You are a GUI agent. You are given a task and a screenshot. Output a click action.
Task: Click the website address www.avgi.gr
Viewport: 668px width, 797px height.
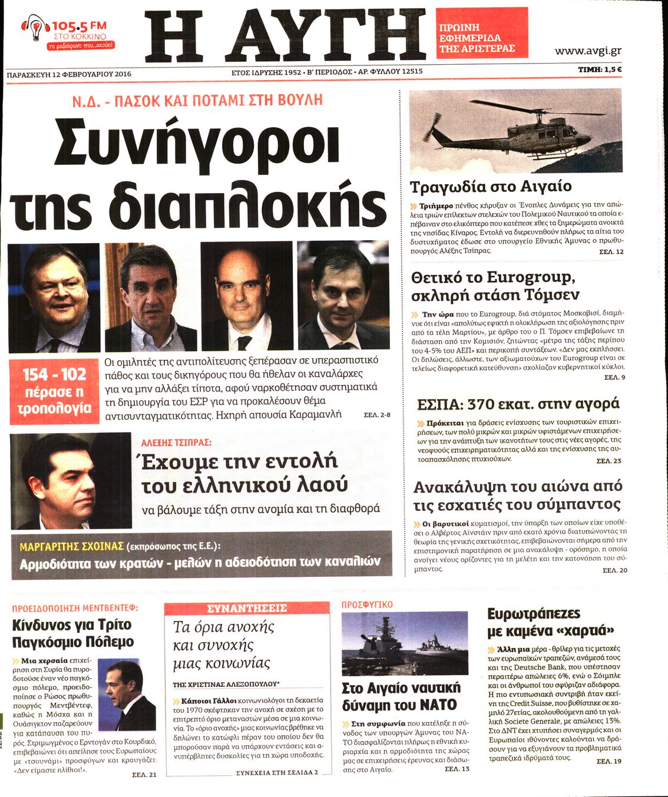(588, 51)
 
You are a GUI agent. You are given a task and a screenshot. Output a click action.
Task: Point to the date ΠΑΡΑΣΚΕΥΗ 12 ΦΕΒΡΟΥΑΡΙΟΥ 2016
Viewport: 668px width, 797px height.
(69, 74)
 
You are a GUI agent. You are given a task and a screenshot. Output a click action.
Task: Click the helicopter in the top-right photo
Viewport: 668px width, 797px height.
(514, 131)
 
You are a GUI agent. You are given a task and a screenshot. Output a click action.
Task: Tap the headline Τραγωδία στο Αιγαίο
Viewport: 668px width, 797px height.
(490, 187)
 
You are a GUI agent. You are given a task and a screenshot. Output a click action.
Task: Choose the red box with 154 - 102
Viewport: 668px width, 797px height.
(54, 391)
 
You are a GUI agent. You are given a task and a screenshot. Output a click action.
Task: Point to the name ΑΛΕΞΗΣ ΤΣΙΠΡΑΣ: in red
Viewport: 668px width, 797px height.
(176, 442)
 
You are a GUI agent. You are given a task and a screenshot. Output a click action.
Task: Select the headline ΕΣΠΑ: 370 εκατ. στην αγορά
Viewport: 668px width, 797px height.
(518, 404)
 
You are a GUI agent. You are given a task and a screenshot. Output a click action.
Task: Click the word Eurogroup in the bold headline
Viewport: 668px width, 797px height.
(528, 277)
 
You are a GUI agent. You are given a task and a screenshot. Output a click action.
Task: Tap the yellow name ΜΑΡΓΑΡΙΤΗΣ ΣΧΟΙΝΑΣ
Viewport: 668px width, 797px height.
(71, 546)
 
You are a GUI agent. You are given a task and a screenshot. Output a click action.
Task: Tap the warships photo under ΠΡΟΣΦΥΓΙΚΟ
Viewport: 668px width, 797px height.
(405, 643)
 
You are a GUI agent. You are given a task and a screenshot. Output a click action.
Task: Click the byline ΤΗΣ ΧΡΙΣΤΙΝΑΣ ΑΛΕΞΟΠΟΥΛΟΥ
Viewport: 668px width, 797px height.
(226, 685)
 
